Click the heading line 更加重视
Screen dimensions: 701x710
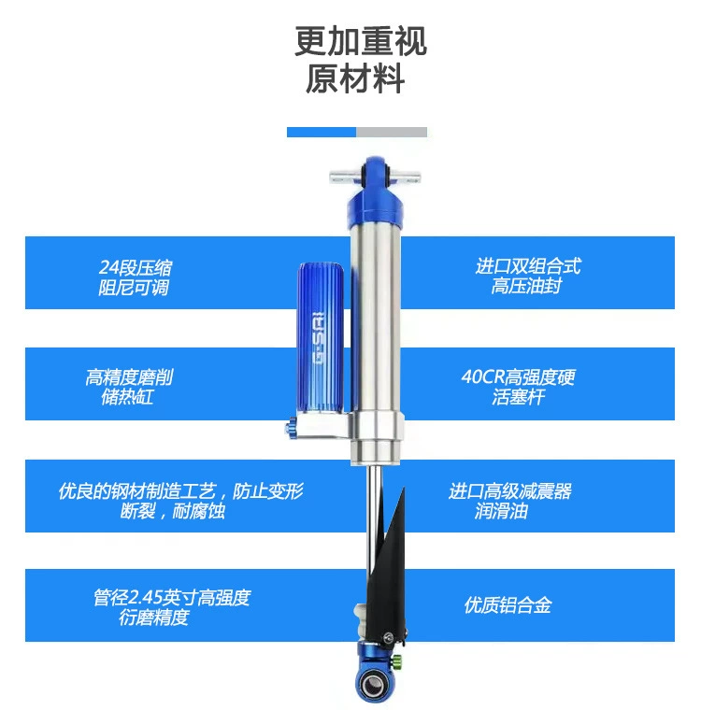[360, 41]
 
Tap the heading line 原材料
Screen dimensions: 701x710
[355, 78]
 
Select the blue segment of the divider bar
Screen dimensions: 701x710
[322, 133]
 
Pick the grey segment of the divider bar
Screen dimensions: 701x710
[392, 133]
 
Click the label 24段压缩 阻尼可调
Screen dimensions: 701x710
[135, 277]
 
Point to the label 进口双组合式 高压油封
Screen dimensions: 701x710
[528, 277]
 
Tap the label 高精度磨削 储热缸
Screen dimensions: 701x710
[129, 387]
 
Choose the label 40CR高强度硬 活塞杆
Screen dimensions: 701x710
[519, 387]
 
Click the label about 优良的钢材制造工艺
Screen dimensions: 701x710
[180, 501]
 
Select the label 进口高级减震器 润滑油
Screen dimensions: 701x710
[510, 501]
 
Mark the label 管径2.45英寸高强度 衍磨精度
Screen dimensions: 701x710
[172, 607]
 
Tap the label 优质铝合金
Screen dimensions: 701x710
[508, 605]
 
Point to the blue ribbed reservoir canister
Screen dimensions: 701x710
[321, 338]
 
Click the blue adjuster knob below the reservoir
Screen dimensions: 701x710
[291, 428]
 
